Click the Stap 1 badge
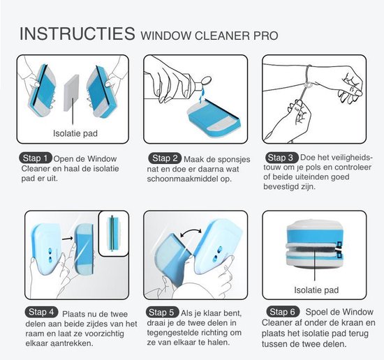(x=36, y=158)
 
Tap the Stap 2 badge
(x=165, y=158)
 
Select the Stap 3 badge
(x=281, y=158)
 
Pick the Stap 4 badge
(x=41, y=312)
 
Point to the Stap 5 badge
(x=163, y=313)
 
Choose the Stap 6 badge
(x=283, y=312)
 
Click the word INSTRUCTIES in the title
(x=77, y=33)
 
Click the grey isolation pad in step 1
(x=72, y=93)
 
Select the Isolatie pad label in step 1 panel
(x=75, y=133)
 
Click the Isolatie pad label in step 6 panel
(x=316, y=290)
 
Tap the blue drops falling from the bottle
(x=202, y=96)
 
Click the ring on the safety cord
(x=308, y=85)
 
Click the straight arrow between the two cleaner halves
(x=67, y=238)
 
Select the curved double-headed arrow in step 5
(x=191, y=230)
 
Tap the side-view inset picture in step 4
(x=113, y=233)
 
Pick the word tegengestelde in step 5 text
(x=173, y=333)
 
